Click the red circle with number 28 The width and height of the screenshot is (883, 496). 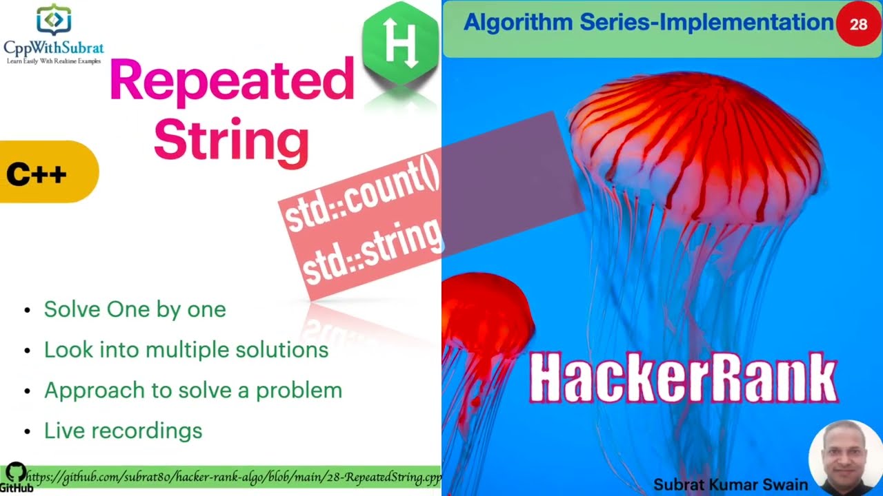pyautogui.click(x=858, y=25)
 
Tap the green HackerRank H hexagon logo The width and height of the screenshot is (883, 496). pyautogui.click(x=401, y=43)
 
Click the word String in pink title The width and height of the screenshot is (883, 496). pyautogui.click(x=231, y=141)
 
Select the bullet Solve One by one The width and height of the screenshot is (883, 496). pyautogui.click(x=135, y=309)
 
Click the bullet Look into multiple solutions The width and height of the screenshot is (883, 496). pyautogui.click(x=186, y=350)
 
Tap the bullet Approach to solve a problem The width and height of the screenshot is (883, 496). pyautogui.click(x=192, y=390)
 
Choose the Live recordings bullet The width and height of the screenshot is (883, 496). pyautogui.click(x=123, y=431)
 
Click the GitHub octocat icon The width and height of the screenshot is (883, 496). pyautogui.click(x=15, y=473)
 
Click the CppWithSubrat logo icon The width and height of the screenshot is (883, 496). pyautogui.click(x=53, y=19)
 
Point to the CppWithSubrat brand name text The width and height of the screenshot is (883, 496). pyautogui.click(x=54, y=48)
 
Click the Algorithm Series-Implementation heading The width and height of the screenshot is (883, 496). pyautogui.click(x=648, y=23)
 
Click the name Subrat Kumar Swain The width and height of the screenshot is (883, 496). pyautogui.click(x=731, y=484)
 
